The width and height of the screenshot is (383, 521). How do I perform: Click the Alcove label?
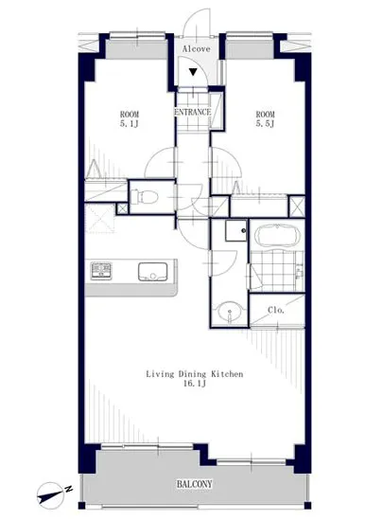197,49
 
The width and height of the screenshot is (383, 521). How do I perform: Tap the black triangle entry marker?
193,71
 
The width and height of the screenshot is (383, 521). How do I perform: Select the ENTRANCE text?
193,112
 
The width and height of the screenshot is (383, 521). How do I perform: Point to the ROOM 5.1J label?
130,119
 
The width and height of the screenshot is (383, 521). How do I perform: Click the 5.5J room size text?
266,124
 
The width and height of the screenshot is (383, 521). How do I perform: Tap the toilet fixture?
144,197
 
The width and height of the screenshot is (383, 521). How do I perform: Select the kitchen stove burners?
101,271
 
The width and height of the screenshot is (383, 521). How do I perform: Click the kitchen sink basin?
153,272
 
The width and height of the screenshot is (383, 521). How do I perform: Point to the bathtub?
277,236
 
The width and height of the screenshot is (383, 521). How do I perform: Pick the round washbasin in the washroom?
230,312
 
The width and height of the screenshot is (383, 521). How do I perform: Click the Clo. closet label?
276,310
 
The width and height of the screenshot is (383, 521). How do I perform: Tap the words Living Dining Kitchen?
195,374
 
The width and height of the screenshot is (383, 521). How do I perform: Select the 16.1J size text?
195,384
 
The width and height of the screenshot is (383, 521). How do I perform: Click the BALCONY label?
194,484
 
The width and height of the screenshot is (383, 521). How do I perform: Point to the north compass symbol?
50,495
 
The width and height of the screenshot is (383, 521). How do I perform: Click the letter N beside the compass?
69,489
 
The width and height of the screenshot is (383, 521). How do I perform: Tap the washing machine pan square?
236,230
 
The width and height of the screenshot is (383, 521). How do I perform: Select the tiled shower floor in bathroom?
277,271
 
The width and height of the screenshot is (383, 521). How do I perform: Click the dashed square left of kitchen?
100,218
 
